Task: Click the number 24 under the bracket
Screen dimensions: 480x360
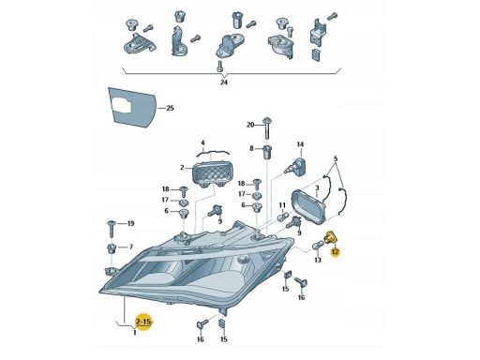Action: (224, 82)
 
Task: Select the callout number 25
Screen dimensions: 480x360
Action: (170, 110)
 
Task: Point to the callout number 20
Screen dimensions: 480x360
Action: (250, 125)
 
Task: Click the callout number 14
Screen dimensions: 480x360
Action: (301, 145)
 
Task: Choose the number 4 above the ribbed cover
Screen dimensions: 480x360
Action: (202, 142)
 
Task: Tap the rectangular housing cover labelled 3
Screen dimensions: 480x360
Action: (309, 204)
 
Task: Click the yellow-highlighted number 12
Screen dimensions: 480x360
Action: (334, 250)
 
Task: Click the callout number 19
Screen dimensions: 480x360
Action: (131, 223)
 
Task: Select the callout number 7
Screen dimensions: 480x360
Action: (130, 247)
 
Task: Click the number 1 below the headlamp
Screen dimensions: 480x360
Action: (134, 332)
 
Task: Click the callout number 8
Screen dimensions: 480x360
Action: (251, 149)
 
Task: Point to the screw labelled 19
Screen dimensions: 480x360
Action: (111, 225)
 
